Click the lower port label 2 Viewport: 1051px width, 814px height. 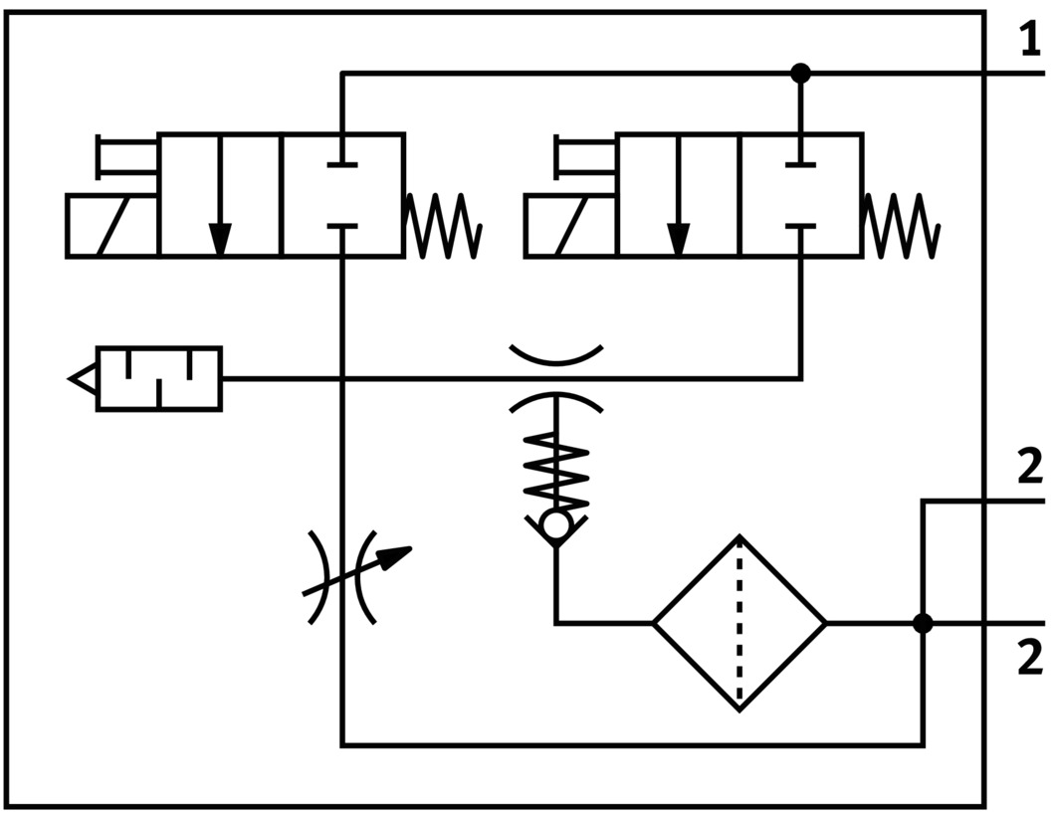click(x=1029, y=659)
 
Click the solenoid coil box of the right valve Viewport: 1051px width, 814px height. click(x=570, y=226)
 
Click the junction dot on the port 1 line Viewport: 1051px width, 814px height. click(x=800, y=73)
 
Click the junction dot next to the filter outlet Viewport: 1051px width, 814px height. click(x=923, y=624)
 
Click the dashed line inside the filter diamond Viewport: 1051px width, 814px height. click(x=739, y=623)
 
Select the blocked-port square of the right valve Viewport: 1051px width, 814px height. click(x=800, y=195)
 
